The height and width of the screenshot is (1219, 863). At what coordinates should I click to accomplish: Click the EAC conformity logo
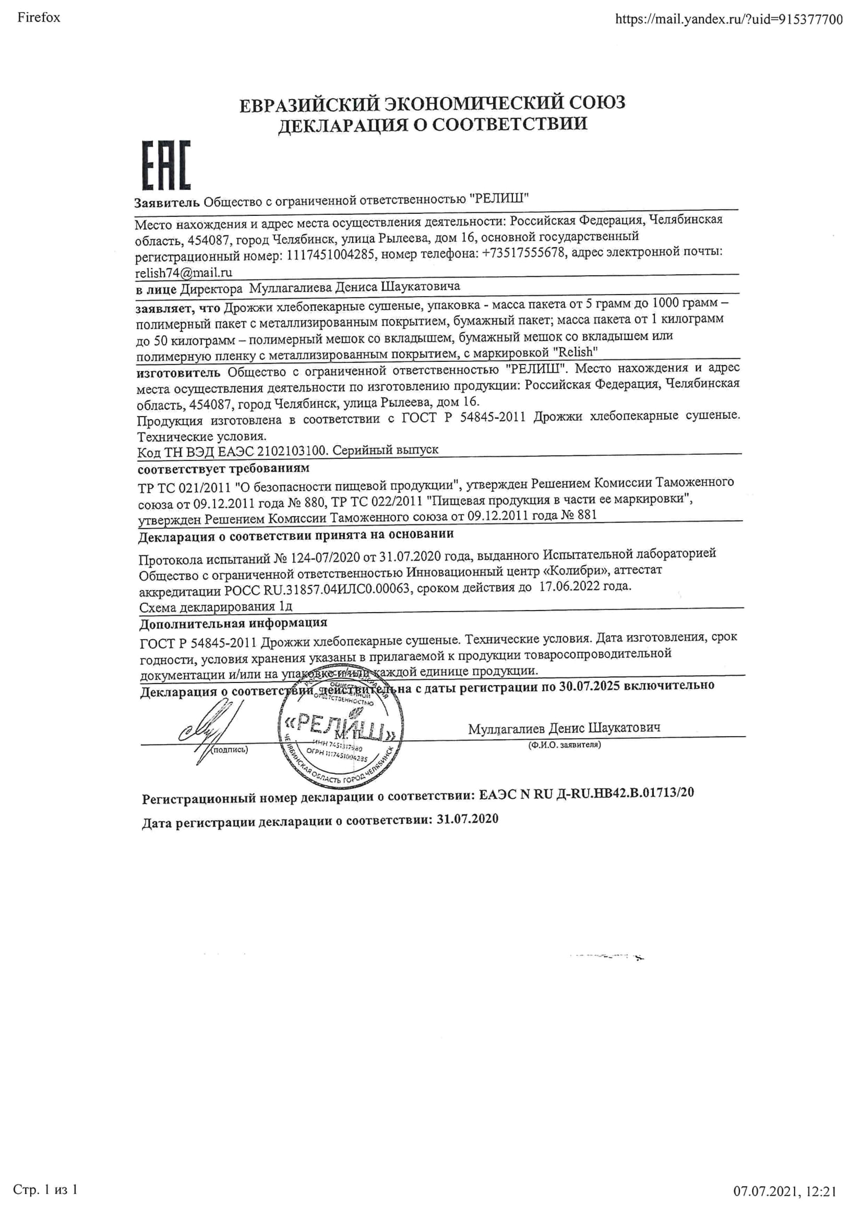(166, 166)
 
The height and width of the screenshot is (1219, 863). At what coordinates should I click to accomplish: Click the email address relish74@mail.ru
(184, 273)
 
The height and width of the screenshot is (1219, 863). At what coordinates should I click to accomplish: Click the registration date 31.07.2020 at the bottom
(468, 819)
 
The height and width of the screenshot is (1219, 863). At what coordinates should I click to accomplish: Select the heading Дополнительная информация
(233, 623)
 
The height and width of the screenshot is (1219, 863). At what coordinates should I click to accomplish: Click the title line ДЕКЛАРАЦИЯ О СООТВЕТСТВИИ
(433, 124)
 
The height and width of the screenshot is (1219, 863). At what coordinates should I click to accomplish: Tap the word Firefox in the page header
(39, 18)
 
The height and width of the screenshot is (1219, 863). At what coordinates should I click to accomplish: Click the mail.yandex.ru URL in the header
(728, 20)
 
